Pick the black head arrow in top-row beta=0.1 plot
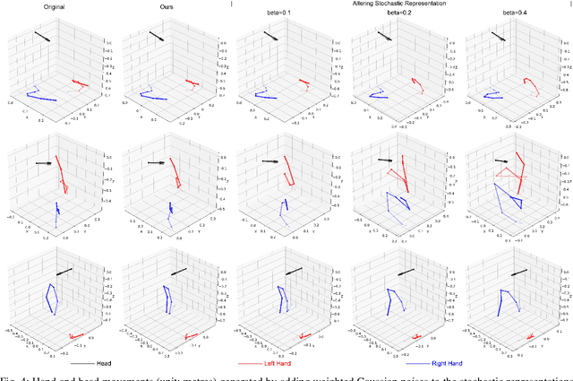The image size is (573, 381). click(270, 39)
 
